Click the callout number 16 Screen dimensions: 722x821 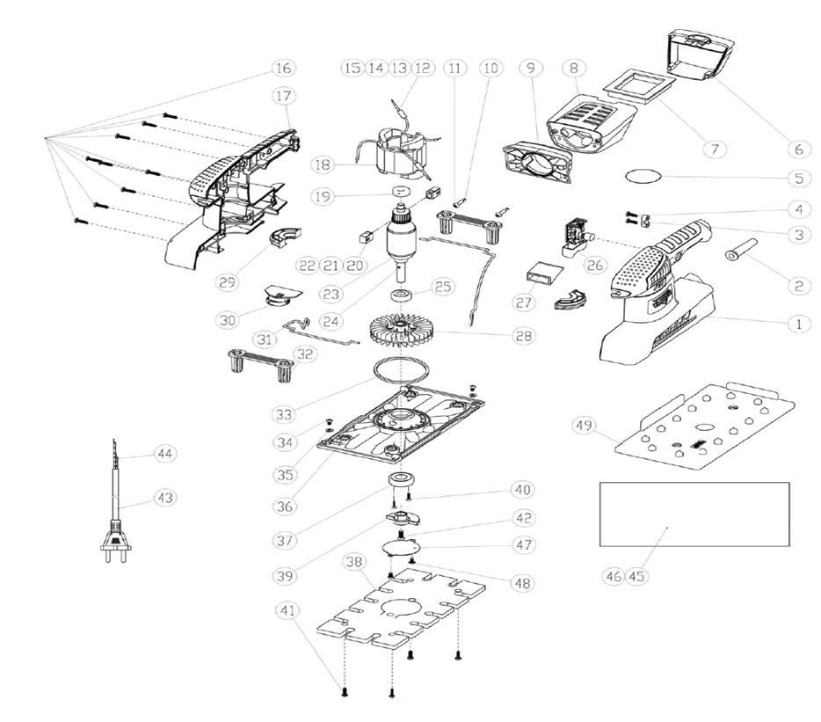[x=283, y=68]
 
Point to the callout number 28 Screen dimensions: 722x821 [x=524, y=336]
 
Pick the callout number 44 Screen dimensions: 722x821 [x=163, y=453]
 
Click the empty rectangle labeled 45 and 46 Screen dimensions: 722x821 [x=694, y=514]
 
